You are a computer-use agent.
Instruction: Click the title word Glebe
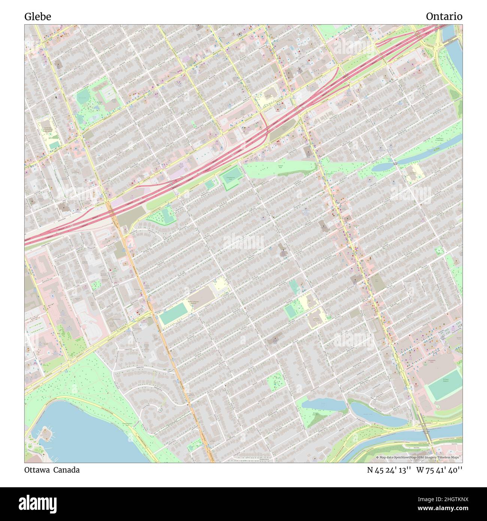pyautogui.click(x=38, y=16)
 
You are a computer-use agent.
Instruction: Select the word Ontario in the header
pyautogui.click(x=444, y=16)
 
